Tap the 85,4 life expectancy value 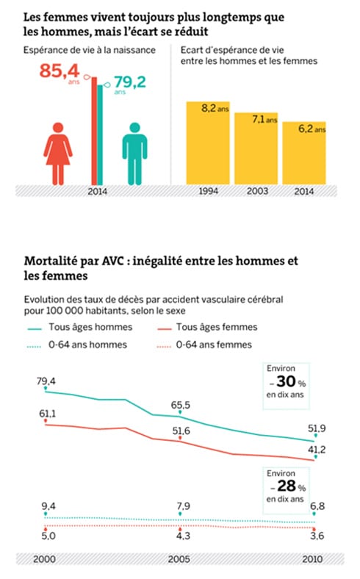point(60,74)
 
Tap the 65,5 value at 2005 point(179,405)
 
